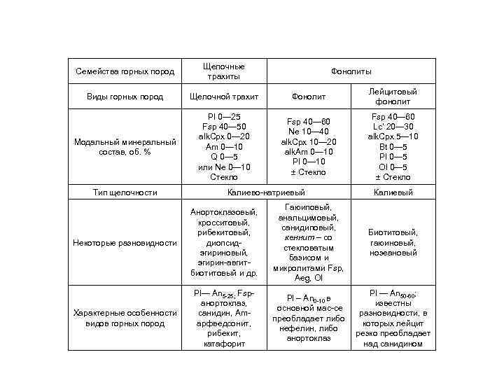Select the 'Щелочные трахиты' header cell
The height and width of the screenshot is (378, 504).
tap(223, 71)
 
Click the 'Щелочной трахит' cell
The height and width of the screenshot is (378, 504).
tap(223, 97)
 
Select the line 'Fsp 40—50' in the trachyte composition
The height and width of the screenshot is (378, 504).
tap(223, 127)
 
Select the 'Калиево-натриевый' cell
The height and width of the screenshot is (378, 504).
tap(267, 192)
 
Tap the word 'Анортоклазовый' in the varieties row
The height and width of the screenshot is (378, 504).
tap(223, 212)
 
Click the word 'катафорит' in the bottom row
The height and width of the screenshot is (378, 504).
tap(223, 343)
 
